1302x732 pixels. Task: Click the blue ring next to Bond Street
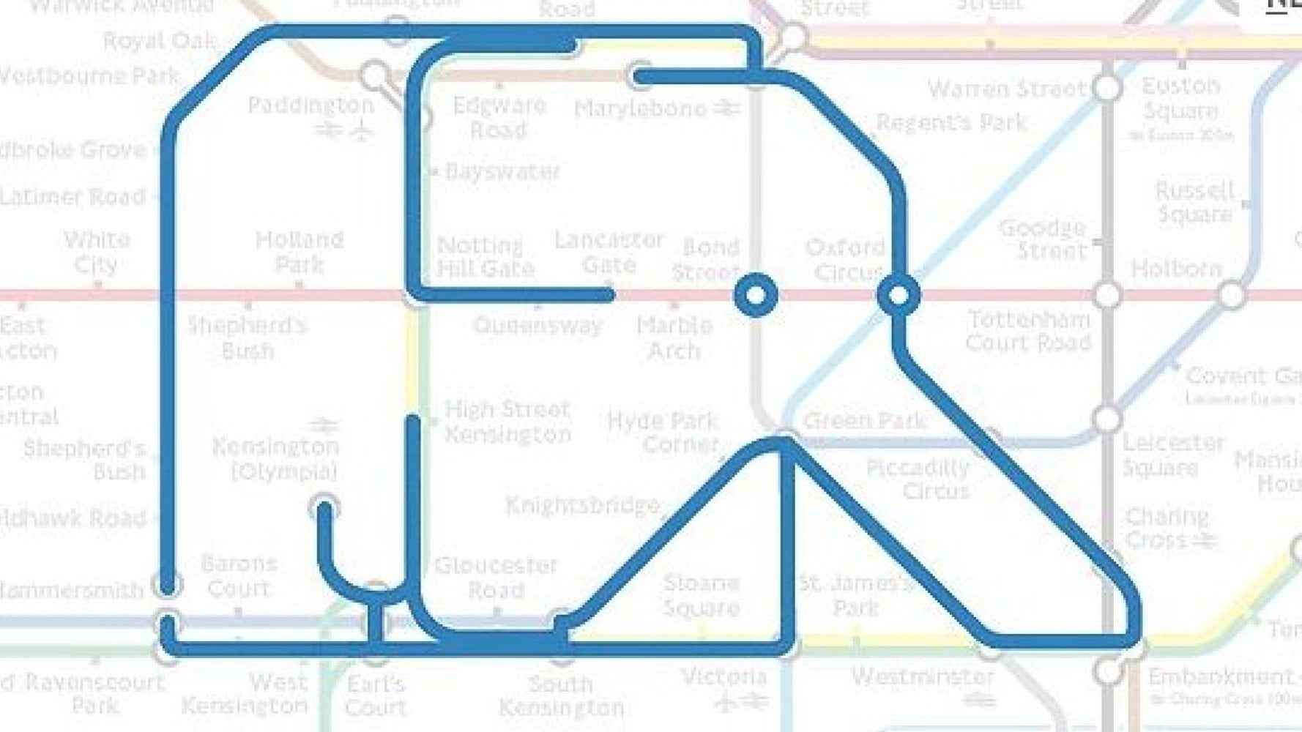tap(755, 296)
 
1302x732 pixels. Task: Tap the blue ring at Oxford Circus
tap(899, 296)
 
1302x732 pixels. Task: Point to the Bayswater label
tap(502, 172)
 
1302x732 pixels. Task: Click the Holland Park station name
tap(299, 251)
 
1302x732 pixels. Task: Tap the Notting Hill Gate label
tap(485, 257)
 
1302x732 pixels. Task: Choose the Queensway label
tap(537, 325)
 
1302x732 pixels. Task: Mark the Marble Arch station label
tap(674, 337)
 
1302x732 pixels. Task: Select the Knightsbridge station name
tap(582, 505)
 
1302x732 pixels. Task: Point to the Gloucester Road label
tap(496, 578)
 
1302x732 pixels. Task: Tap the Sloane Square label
tap(701, 595)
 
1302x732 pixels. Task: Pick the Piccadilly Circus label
tap(918, 479)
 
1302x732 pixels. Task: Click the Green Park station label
tap(864, 421)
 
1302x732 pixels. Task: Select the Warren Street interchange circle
tap(1106, 88)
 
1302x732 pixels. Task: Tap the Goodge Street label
tap(1042, 239)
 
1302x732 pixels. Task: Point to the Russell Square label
tap(1195, 202)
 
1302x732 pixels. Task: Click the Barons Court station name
tap(239, 576)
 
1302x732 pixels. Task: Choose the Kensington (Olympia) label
tap(276, 457)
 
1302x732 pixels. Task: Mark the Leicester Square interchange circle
tap(1107, 419)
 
